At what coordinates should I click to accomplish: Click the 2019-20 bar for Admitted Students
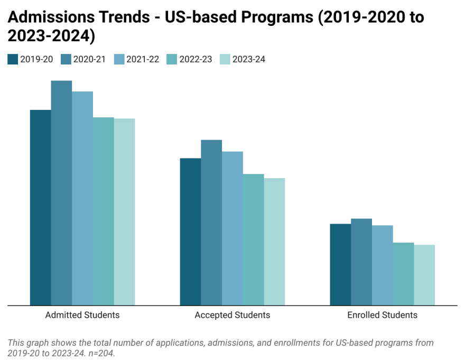[40, 207]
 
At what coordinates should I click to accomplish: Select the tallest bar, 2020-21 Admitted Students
[61, 193]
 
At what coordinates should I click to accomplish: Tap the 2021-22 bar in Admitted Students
[82, 198]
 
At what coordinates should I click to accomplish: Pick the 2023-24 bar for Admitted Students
[125, 211]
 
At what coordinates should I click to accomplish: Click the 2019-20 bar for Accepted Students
[190, 232]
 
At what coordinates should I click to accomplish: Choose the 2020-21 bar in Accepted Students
[211, 223]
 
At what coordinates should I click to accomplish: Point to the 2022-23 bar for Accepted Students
[253, 239]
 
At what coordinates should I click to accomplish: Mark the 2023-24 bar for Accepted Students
[274, 242]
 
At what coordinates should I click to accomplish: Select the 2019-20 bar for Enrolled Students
[340, 264]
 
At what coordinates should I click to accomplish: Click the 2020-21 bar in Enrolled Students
[361, 262]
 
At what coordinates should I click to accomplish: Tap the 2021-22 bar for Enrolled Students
[383, 265]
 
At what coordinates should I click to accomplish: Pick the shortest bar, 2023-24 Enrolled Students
[424, 275]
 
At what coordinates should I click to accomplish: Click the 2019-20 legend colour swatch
[13, 59]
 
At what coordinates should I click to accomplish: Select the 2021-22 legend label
[143, 59]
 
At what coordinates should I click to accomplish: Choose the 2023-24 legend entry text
[248, 59]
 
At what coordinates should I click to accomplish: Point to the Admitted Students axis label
[82, 315]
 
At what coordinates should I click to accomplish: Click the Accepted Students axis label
[232, 315]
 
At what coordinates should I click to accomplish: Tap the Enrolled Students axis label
[382, 315]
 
